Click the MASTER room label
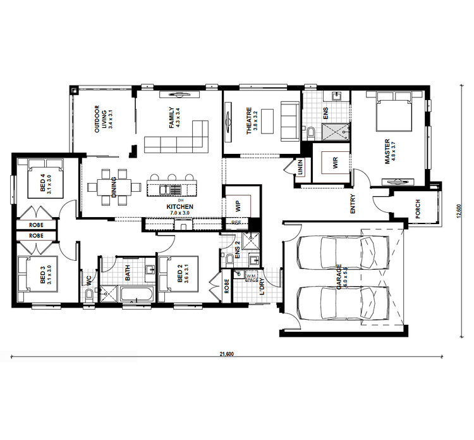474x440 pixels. click(388, 153)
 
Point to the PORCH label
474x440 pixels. click(418, 210)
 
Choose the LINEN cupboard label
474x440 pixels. click(301, 169)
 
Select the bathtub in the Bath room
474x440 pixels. click(136, 294)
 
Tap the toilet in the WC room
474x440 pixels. click(89, 296)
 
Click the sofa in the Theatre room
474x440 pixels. click(289, 120)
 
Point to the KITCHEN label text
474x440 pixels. click(179, 207)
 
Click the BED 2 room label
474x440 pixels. click(181, 274)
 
